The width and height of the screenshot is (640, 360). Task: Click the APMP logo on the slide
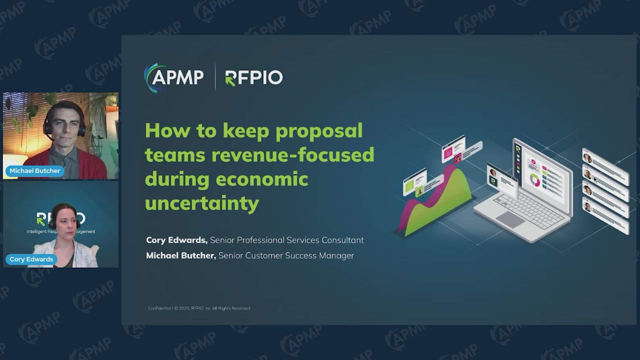[x=174, y=77]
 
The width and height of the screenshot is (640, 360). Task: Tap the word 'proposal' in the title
[x=319, y=131]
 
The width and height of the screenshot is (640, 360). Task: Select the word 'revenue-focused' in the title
[x=293, y=155]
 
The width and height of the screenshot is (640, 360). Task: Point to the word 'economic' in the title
[x=262, y=179]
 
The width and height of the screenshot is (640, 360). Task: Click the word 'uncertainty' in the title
[x=202, y=203]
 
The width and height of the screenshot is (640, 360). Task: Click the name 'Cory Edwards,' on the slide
[x=177, y=240]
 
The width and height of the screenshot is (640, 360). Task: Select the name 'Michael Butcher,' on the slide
[x=181, y=256]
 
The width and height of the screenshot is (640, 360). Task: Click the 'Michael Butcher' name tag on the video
[x=35, y=171]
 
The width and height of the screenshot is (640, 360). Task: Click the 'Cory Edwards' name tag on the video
[x=31, y=259]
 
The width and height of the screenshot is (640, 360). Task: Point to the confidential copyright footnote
[x=199, y=308]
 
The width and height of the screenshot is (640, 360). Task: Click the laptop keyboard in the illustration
[x=527, y=210]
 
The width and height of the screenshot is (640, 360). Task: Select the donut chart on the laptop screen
[x=535, y=180]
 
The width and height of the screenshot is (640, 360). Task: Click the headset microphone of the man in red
[x=50, y=137]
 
